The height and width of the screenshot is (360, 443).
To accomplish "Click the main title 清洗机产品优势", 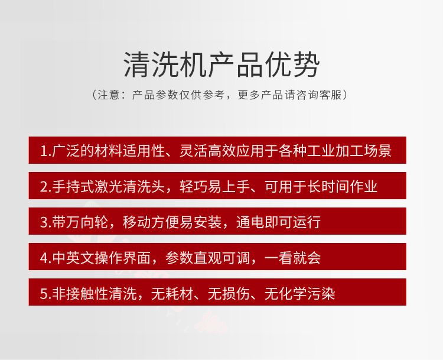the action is [221, 65].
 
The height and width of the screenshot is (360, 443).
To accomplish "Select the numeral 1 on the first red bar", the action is [43, 151].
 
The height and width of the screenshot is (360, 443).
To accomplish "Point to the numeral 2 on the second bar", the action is [44, 187].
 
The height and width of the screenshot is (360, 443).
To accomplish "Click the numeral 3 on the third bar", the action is [44, 222].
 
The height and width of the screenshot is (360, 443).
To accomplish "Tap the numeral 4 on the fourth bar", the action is [44, 258].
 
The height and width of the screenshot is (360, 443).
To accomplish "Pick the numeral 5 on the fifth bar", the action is [44, 294].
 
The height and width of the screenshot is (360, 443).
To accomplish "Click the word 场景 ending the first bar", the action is [378, 150].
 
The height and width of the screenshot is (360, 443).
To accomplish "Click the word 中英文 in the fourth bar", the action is [73, 257].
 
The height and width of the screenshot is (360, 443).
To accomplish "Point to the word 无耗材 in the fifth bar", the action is [172, 293].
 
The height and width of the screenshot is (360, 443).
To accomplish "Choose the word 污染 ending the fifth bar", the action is [321, 293].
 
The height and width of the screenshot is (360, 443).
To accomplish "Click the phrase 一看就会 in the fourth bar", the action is [293, 257].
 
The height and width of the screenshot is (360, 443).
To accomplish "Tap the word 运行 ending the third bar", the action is [307, 222].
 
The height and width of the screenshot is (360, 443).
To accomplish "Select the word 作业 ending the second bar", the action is [364, 186].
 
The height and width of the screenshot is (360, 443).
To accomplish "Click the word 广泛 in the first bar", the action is [66, 150].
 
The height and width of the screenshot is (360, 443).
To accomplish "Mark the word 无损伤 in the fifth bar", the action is [229, 293].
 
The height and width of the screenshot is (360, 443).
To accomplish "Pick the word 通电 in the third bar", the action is [250, 222].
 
